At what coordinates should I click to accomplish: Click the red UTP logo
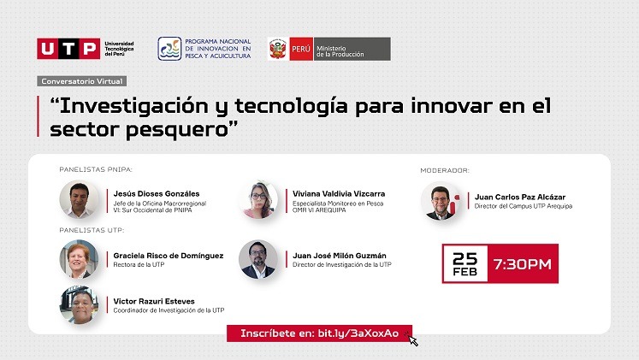point(68,49)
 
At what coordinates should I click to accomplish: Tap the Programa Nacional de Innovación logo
point(169,49)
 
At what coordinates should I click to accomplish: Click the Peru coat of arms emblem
point(278,50)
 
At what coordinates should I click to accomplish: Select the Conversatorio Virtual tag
point(82,80)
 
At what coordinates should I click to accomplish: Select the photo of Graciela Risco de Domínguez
point(79,259)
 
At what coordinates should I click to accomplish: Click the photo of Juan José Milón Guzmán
point(257,259)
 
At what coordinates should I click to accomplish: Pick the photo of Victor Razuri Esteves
point(79,304)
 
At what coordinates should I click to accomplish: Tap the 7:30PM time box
point(523,264)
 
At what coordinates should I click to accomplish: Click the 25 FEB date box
point(464,264)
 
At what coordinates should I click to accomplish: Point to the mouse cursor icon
point(414,340)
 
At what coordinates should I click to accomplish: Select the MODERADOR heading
point(445,170)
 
